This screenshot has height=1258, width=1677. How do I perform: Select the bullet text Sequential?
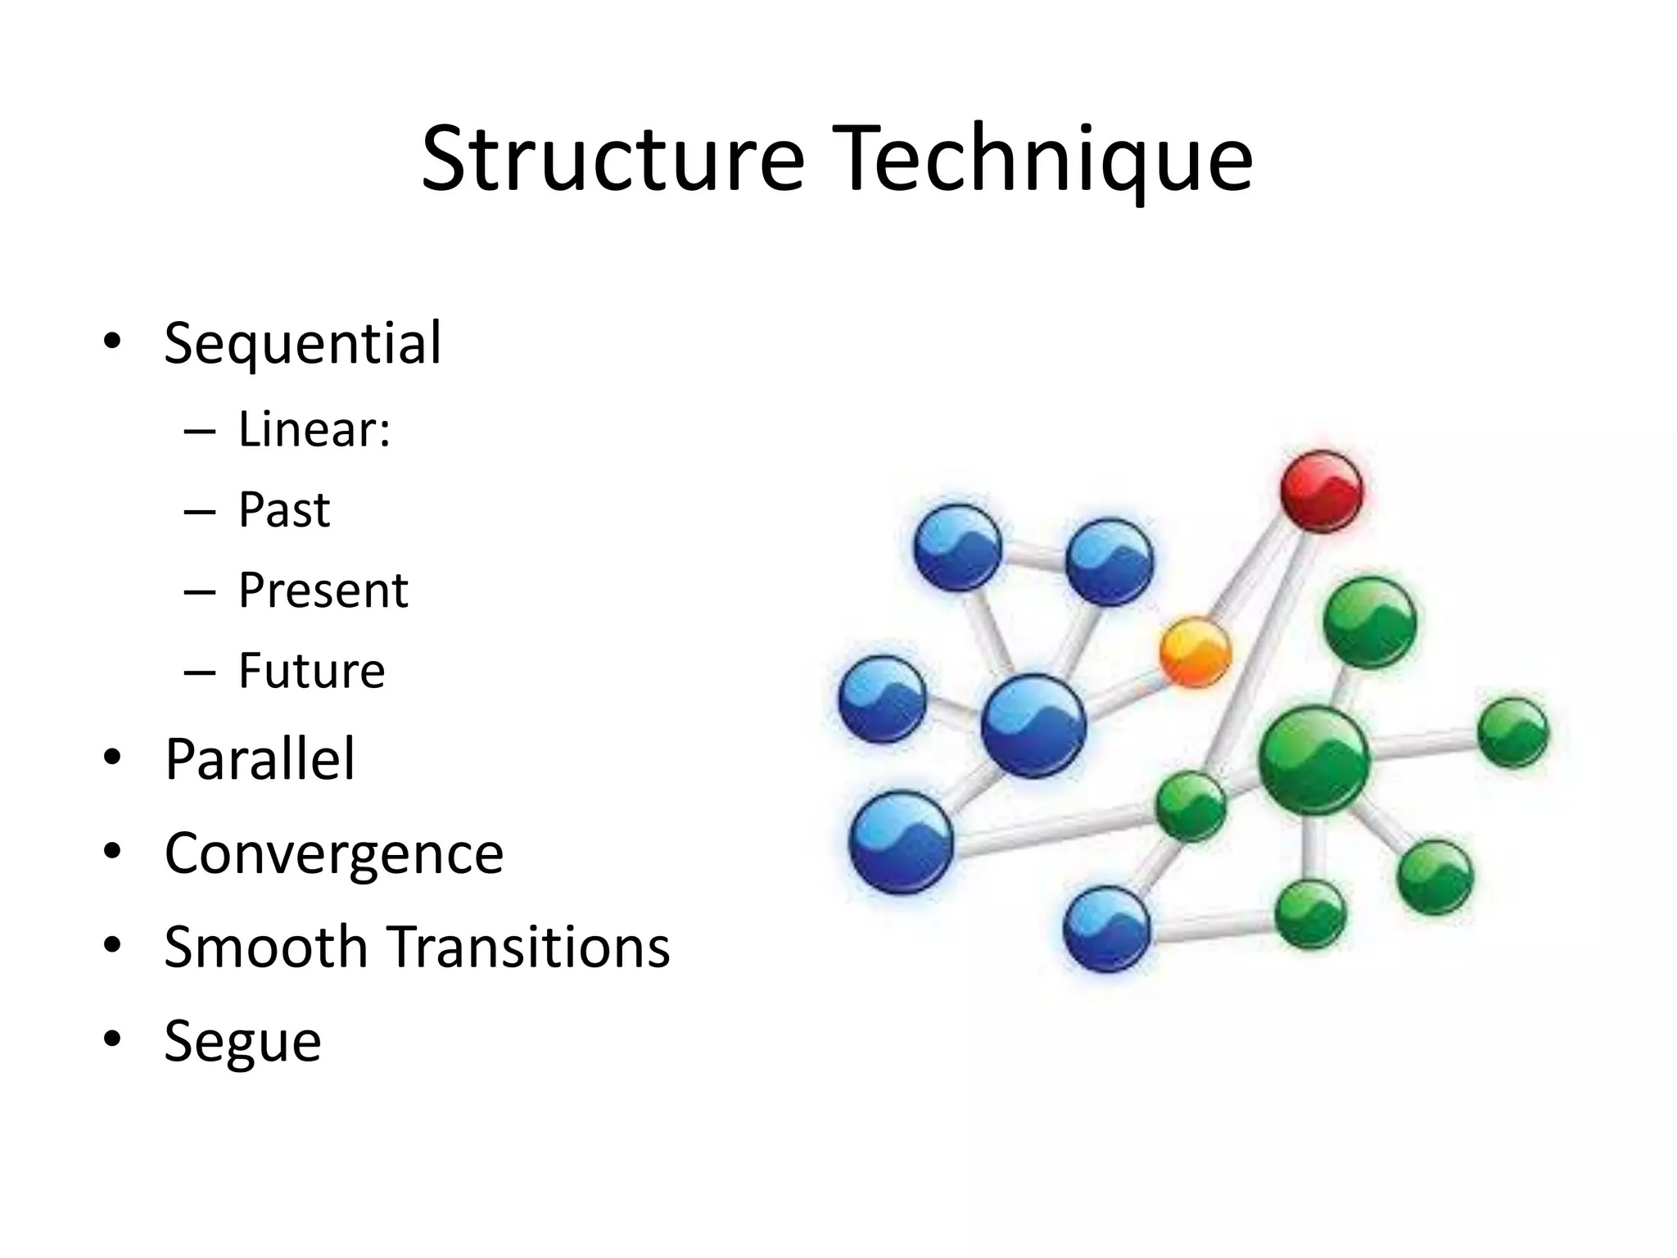(302, 343)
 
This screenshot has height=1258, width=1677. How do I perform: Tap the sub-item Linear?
(314, 429)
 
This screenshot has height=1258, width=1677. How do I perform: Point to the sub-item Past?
(283, 509)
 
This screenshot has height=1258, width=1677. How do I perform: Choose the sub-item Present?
(323, 590)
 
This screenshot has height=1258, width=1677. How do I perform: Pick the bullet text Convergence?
(333, 853)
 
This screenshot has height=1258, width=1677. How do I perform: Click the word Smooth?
(266, 947)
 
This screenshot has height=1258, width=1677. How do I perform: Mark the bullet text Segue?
(242, 1042)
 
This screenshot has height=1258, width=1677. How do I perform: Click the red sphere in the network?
(1321, 491)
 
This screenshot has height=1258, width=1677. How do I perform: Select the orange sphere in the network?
(1196, 651)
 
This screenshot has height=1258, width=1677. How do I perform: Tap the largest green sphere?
(1313, 758)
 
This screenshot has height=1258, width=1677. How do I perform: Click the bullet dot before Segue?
(112, 1039)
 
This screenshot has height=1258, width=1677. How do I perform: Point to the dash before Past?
(200, 512)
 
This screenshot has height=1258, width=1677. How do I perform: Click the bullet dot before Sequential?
(112, 341)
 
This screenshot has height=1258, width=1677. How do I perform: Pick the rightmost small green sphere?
(1513, 732)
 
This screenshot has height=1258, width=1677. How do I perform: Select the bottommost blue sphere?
(1106, 930)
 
